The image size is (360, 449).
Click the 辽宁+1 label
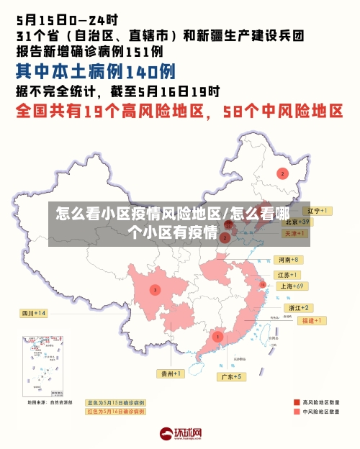click(x=317, y=211)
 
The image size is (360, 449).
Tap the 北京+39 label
click(x=297, y=222)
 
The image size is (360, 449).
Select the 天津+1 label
click(x=295, y=234)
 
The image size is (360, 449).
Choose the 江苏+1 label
click(x=288, y=275)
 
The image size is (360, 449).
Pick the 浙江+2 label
click(x=299, y=307)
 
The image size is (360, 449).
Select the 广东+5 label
click(x=232, y=376)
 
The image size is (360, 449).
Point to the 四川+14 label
click(x=34, y=313)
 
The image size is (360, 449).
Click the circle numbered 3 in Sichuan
click(x=155, y=290)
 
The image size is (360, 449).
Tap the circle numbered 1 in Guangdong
click(x=217, y=336)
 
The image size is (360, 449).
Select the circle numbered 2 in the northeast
click(x=283, y=173)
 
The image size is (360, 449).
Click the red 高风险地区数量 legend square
click(x=296, y=402)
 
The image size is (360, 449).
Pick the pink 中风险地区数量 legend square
click(x=296, y=412)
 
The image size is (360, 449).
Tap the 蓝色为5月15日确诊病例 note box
click(x=115, y=402)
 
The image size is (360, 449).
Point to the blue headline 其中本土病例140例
click(x=96, y=72)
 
